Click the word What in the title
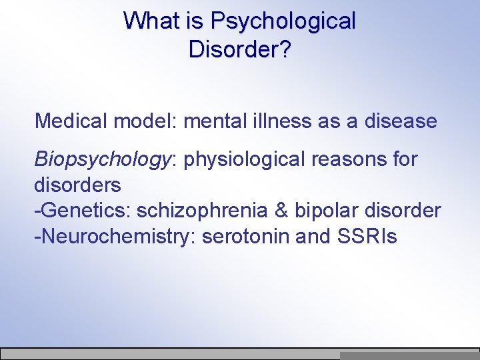click(153, 21)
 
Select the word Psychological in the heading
click(283, 22)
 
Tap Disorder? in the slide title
click(239, 49)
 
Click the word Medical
click(71, 121)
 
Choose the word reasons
click(357, 160)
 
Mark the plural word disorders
click(77, 185)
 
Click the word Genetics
click(86, 211)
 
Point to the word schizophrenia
click(207, 211)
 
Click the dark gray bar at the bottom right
click(409, 356)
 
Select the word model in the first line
click(147, 121)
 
